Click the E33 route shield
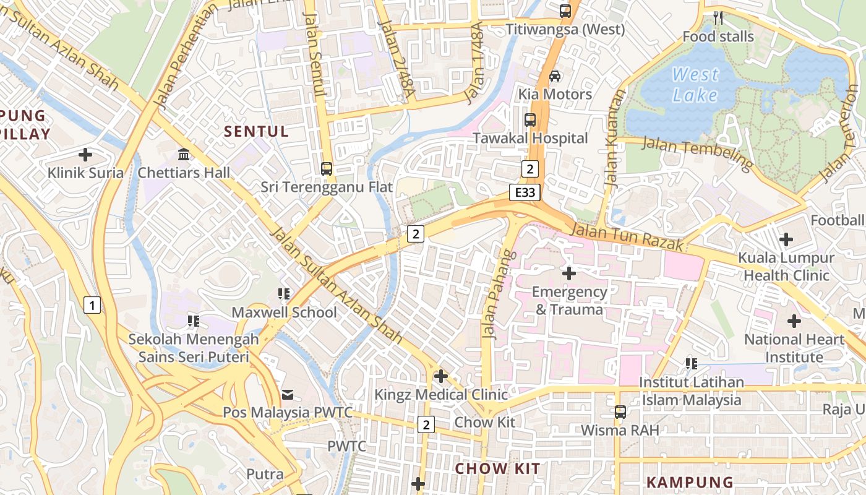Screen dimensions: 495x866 coord(525,192)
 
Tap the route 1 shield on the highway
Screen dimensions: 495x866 coord(92,304)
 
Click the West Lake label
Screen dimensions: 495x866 coord(695,85)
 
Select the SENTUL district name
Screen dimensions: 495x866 coord(256,131)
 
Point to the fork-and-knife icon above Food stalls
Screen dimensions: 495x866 coord(718,17)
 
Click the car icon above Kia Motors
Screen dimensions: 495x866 coord(555,75)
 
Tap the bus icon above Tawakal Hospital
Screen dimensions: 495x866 coord(530,119)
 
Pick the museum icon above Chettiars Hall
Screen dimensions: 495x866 coord(184,154)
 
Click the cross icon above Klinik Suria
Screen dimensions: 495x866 coord(85,154)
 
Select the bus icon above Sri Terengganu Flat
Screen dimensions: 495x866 coord(326,168)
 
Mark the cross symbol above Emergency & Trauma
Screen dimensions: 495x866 coord(568,273)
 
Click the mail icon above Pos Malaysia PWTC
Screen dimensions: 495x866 coord(288,394)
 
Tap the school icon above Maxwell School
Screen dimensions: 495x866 coord(284,293)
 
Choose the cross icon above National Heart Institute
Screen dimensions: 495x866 coord(794,321)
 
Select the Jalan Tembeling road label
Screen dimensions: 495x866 coord(697,153)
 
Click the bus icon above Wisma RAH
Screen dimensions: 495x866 coord(620,411)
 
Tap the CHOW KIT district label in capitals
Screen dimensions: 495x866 coord(497,468)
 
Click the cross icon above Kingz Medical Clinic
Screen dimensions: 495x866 coord(440,376)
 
